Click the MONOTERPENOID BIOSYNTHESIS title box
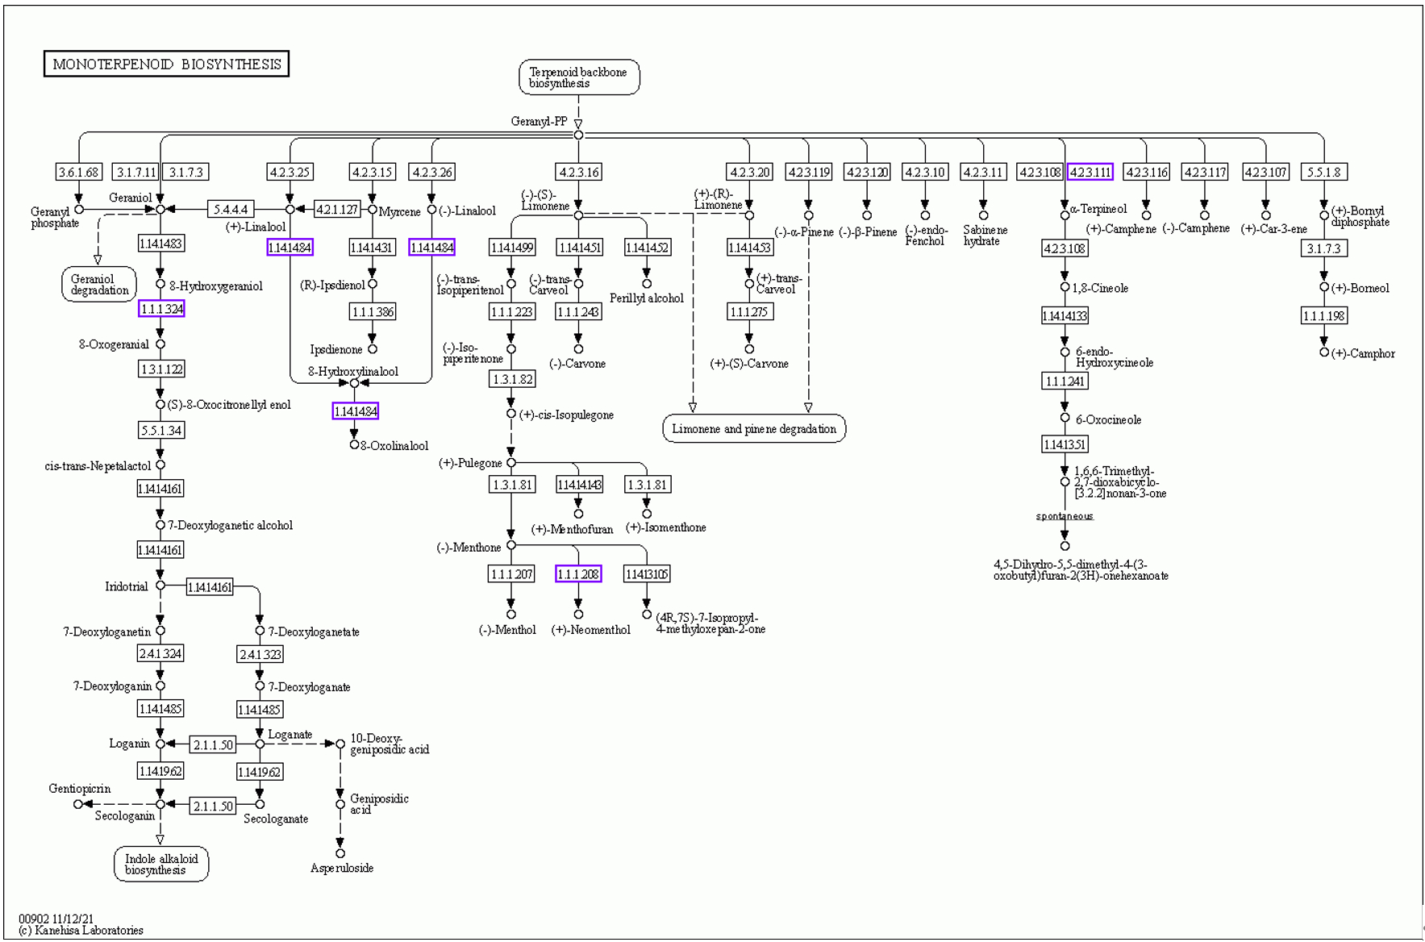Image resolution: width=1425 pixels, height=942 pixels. (x=166, y=64)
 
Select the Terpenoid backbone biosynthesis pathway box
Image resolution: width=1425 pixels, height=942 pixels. (x=579, y=77)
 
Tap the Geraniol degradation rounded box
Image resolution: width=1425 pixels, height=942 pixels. (x=99, y=285)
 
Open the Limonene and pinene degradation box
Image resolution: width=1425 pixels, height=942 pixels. (x=754, y=428)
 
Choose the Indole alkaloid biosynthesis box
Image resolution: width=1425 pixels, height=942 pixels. (x=161, y=864)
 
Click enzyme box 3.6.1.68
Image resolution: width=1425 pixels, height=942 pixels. (x=79, y=172)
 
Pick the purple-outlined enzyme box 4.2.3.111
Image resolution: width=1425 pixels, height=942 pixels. (x=1090, y=172)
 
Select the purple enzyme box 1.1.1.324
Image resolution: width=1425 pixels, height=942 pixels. (x=161, y=309)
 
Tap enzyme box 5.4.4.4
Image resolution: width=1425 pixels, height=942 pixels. (x=231, y=210)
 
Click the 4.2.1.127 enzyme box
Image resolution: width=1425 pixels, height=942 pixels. (x=336, y=210)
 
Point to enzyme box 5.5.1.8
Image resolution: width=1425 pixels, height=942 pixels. (x=1323, y=172)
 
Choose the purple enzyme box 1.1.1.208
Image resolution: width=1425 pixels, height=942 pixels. (x=578, y=574)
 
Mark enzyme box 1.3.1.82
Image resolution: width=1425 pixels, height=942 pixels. (x=511, y=379)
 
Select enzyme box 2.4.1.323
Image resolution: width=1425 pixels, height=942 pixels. (x=260, y=654)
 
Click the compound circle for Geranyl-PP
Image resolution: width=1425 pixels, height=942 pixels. (x=578, y=135)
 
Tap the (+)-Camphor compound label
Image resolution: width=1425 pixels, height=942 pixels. (x=1363, y=353)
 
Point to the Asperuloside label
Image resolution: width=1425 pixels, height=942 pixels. (x=342, y=868)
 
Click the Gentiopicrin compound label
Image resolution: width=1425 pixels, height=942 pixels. (x=80, y=789)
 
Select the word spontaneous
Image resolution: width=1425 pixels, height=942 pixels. (x=1065, y=516)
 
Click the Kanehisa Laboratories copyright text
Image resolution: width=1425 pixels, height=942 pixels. (x=81, y=930)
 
